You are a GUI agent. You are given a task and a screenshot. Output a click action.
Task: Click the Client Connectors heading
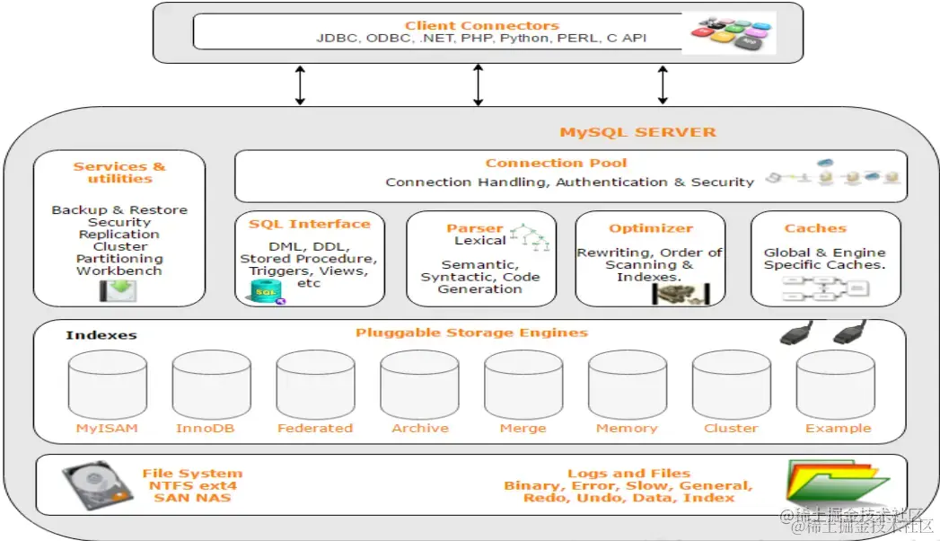(x=481, y=25)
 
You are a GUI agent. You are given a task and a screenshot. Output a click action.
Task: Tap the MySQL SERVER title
(x=637, y=132)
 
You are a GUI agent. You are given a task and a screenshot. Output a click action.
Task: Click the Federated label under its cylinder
(x=314, y=429)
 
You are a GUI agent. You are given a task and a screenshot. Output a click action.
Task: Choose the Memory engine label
(x=627, y=429)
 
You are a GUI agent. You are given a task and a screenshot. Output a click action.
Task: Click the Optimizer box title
(x=651, y=228)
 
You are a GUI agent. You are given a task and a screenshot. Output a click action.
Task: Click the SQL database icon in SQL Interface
(x=267, y=290)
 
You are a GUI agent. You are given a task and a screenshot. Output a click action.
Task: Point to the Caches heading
(x=815, y=228)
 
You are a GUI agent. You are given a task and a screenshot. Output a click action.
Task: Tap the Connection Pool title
(x=556, y=163)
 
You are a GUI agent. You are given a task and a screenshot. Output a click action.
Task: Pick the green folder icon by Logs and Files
(x=825, y=483)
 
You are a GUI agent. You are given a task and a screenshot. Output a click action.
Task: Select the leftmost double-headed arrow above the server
(x=301, y=84)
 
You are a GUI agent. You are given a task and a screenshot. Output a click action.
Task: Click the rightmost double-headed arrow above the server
(x=663, y=84)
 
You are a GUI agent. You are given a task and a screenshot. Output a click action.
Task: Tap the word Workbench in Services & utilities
(x=119, y=270)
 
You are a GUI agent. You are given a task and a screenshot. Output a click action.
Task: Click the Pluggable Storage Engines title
(x=471, y=333)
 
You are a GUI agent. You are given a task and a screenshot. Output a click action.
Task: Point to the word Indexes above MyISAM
(x=101, y=335)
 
